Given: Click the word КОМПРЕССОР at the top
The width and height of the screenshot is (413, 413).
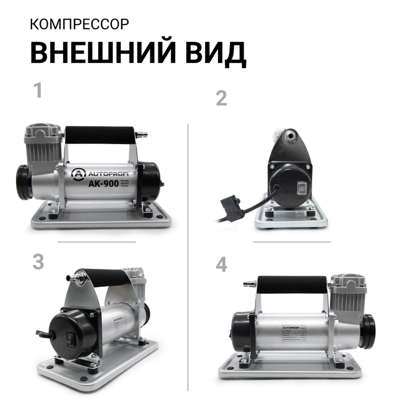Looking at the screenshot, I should click(x=79, y=24).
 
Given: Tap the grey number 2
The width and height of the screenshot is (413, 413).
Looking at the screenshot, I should click(x=221, y=98).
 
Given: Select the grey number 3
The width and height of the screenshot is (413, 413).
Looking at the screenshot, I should click(x=38, y=262).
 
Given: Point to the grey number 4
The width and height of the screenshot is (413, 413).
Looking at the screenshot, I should click(x=221, y=265).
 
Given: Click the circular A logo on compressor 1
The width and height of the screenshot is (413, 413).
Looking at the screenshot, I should click(x=77, y=174).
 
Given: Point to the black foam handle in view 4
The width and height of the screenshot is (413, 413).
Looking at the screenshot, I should click(x=293, y=284).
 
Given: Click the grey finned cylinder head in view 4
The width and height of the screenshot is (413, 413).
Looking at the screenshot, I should click(x=348, y=293).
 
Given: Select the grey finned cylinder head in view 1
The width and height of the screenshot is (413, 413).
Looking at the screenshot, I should click(x=43, y=142).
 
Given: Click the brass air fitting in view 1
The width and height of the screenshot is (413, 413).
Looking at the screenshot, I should click(x=141, y=134).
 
